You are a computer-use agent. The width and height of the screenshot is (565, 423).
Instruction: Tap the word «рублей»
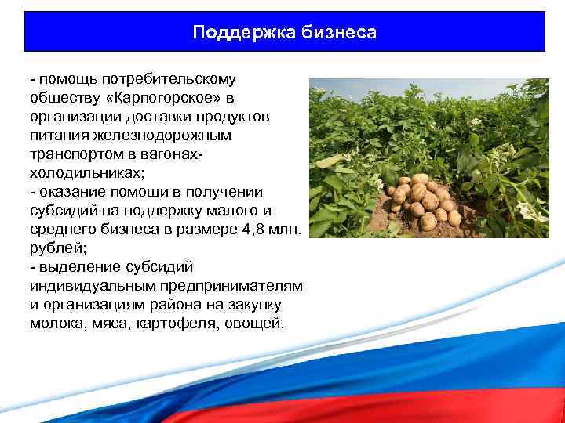click(54, 248)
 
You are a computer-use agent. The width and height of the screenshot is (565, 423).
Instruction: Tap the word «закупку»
click(256, 305)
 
